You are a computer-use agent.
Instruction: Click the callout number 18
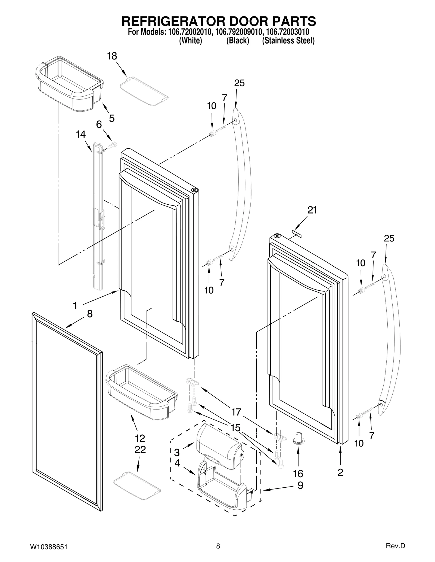(x=112, y=56)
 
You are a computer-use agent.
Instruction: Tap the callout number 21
(x=312, y=210)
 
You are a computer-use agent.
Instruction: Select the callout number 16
(x=298, y=474)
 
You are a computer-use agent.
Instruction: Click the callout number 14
(x=81, y=134)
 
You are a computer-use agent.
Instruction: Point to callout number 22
(x=140, y=450)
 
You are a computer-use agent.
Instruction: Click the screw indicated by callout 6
(x=112, y=145)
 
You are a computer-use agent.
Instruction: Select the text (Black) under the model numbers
(x=238, y=41)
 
